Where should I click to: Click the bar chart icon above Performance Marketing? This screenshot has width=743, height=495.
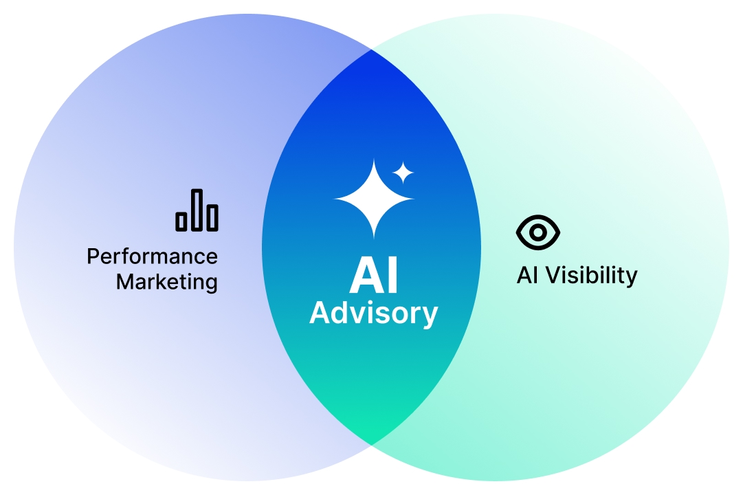click(197, 210)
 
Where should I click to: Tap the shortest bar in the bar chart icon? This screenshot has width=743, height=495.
click(181, 221)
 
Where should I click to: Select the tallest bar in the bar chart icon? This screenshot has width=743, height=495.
click(197, 210)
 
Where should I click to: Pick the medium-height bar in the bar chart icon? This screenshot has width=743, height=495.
click(213, 218)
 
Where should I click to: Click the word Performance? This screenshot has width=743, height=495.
click(152, 256)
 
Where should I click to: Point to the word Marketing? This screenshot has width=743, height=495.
click(167, 282)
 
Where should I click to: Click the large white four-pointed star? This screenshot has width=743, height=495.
click(374, 199)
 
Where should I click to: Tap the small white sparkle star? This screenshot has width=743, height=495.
click(403, 173)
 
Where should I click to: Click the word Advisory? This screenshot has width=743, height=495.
click(373, 313)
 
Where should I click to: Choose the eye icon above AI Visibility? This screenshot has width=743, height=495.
click(537, 232)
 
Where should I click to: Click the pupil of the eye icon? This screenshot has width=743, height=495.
click(537, 232)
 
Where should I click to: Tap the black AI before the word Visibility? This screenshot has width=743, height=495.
click(527, 275)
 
